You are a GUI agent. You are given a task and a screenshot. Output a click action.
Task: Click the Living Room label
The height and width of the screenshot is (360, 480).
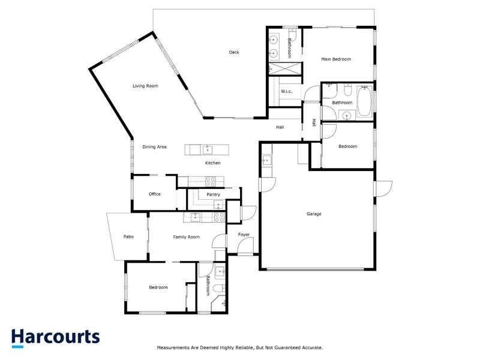point(145,86)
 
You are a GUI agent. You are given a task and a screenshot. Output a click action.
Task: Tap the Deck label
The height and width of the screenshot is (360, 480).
point(234,53)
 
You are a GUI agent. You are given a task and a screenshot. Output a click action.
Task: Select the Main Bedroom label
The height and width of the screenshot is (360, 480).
point(336,59)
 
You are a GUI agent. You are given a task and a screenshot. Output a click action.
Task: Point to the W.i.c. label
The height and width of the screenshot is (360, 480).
point(286,91)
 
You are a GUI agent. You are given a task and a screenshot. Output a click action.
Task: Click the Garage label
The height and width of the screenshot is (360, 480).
point(314,214)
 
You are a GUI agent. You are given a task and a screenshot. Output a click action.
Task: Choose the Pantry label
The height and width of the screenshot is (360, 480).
point(213,195)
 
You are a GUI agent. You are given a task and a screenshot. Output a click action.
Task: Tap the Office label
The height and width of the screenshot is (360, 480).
point(155,194)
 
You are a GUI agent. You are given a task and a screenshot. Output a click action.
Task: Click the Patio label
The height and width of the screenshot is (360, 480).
point(128,237)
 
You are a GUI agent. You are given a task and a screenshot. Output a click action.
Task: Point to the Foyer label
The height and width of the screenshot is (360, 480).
point(244,235)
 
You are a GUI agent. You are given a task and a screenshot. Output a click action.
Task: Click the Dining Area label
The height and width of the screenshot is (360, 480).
point(154,147)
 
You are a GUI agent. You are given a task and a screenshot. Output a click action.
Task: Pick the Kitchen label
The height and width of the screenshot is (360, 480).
point(213,163)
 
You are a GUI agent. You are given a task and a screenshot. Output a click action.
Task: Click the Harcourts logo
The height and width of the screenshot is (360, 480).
point(56,337)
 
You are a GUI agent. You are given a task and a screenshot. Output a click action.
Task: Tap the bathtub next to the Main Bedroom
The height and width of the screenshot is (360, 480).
point(364,103)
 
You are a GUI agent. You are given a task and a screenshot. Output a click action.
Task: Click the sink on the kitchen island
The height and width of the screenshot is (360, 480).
point(207,149)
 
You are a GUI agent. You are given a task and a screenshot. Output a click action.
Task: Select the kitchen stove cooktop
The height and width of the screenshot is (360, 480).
point(211,179)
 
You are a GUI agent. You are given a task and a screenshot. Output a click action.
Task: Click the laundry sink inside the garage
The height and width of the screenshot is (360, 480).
point(267,160)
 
